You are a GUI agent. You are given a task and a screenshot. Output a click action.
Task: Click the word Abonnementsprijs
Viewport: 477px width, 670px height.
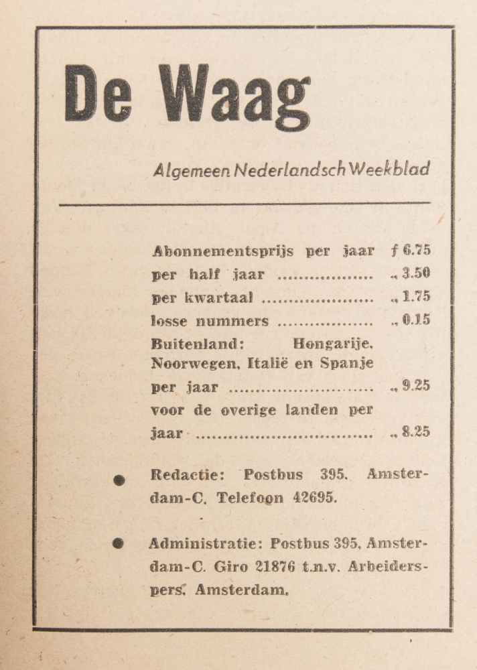223,252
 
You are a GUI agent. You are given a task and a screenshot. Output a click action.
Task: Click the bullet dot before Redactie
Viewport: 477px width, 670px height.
119,480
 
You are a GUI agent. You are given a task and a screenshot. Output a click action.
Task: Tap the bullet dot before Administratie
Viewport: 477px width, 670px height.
118,543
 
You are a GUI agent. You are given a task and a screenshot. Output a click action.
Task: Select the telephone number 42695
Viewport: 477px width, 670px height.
314,498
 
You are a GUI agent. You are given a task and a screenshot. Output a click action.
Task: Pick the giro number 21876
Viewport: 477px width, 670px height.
275,566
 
